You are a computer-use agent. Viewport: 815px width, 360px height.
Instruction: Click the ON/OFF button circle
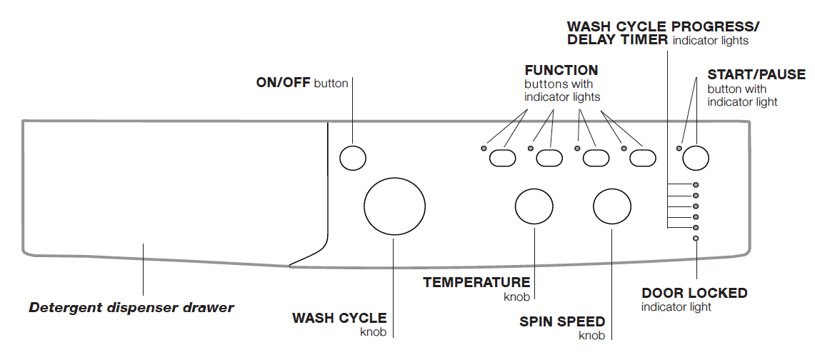352,158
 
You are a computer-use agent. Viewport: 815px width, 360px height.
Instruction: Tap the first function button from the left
502,158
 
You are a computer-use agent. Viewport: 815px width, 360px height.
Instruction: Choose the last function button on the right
642,158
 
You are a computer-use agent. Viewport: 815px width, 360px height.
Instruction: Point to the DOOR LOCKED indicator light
696,238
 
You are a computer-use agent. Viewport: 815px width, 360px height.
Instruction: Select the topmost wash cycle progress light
696,185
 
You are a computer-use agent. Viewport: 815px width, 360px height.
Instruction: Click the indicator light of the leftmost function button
484,149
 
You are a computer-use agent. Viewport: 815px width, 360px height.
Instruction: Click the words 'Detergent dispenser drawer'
131,309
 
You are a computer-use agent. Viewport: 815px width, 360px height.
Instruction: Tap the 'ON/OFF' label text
284,83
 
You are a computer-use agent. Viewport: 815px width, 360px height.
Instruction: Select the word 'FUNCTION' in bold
561,71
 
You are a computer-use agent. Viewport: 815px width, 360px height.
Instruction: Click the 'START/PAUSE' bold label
756,75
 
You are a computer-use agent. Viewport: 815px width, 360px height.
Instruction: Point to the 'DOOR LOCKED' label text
694,293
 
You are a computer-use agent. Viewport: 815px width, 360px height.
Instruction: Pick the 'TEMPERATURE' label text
476,282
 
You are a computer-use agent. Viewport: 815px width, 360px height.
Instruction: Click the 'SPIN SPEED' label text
562,321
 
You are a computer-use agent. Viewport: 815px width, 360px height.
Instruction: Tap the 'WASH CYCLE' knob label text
339,319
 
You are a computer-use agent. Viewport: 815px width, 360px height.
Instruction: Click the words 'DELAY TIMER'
618,40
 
